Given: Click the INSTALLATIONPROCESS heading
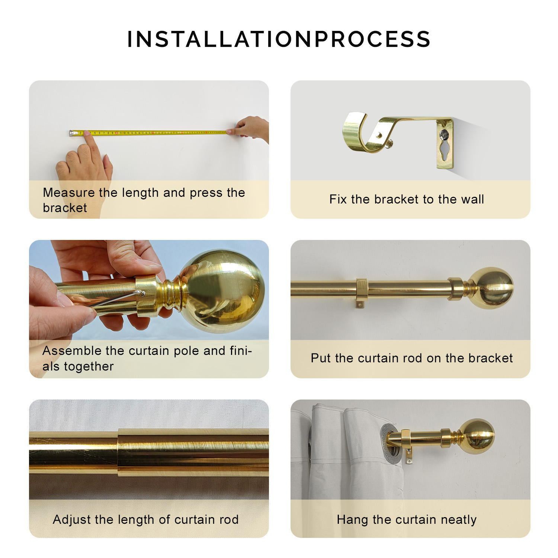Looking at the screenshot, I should tap(279, 39).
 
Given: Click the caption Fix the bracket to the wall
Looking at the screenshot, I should tap(407, 199).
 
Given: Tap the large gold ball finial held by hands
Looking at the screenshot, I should tap(223, 286).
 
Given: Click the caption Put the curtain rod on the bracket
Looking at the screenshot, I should tap(411, 358).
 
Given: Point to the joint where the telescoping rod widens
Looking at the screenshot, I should tap(119, 452).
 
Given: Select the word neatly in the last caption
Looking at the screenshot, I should tap(458, 519).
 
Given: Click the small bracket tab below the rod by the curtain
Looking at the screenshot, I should tap(409, 456).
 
